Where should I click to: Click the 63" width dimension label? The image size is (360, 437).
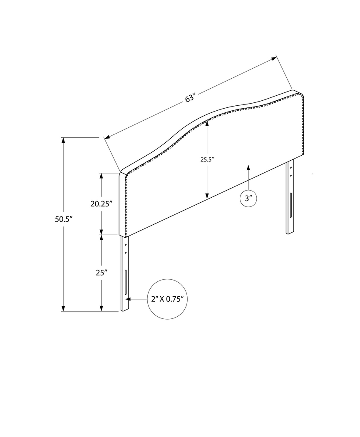pos(190,99)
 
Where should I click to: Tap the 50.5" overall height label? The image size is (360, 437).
pos(64,220)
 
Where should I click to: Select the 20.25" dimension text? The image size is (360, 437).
pos(102,204)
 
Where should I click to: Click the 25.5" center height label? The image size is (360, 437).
pos(207,159)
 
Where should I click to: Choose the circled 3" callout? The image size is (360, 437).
pos(248,199)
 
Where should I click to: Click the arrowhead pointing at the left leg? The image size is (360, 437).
pos(128,299)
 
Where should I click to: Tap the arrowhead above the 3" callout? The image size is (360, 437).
pos(248,168)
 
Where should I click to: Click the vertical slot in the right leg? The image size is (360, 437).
pos(290,205)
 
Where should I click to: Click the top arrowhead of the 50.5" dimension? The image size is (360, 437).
pos(63,140)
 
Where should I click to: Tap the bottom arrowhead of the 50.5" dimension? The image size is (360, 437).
pos(63,308)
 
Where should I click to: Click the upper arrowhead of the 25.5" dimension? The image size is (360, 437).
pos(207,124)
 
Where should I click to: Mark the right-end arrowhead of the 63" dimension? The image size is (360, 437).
pos(274,58)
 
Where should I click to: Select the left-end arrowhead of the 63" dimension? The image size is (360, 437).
pos(107,137)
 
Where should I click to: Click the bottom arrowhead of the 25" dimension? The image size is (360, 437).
pos(101,308)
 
